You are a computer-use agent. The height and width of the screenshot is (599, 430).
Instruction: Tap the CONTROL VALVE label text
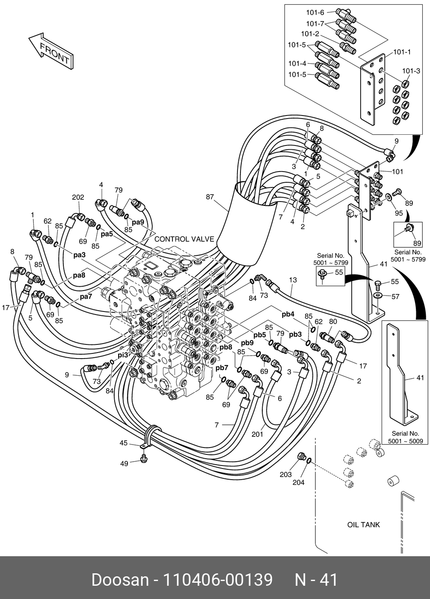[x=184, y=239]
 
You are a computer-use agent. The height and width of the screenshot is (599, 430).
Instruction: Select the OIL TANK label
[x=363, y=525]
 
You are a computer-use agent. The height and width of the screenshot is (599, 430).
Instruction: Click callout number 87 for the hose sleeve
[x=210, y=197]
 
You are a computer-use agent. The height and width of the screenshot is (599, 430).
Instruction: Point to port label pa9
[x=138, y=222]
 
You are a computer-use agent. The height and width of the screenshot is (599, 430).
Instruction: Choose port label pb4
[x=288, y=314]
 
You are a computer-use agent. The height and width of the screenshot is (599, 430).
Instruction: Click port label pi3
[x=123, y=355]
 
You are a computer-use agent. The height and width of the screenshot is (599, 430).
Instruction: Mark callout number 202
[x=78, y=197]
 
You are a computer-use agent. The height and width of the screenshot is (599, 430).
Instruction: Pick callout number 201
[x=257, y=434]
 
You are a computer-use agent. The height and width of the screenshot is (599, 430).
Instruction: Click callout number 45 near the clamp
[x=124, y=443]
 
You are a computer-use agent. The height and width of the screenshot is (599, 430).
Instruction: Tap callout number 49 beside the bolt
[x=124, y=463]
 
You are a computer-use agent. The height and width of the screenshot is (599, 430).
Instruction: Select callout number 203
[x=286, y=474]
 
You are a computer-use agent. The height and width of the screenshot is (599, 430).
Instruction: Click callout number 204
[x=298, y=482]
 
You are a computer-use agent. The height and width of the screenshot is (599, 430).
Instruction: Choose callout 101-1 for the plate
[x=402, y=52]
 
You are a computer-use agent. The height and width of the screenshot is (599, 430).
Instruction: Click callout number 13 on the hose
[x=293, y=280]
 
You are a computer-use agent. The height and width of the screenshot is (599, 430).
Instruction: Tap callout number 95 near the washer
[x=398, y=213]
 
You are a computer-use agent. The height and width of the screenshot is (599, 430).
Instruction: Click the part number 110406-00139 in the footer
[x=218, y=580]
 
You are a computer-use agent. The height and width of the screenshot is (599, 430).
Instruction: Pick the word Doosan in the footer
[x=120, y=580]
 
